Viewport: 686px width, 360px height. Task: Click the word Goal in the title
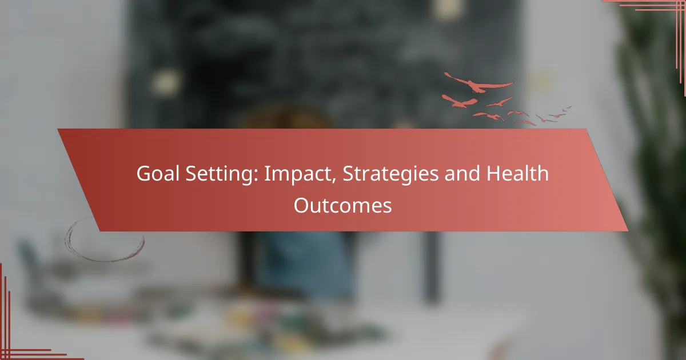click(x=158, y=173)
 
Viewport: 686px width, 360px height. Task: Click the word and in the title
click(x=462, y=173)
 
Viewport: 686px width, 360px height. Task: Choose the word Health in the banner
click(x=517, y=173)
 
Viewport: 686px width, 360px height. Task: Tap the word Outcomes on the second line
click(x=342, y=205)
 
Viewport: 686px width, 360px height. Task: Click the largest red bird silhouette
click(x=478, y=83)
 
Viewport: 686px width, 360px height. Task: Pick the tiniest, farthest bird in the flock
click(x=569, y=107)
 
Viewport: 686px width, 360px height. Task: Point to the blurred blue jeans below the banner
click(x=306, y=264)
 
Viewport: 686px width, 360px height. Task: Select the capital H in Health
click(x=494, y=174)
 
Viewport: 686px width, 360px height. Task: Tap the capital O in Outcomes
click(x=302, y=205)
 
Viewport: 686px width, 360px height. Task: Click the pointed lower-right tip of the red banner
click(x=628, y=231)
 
